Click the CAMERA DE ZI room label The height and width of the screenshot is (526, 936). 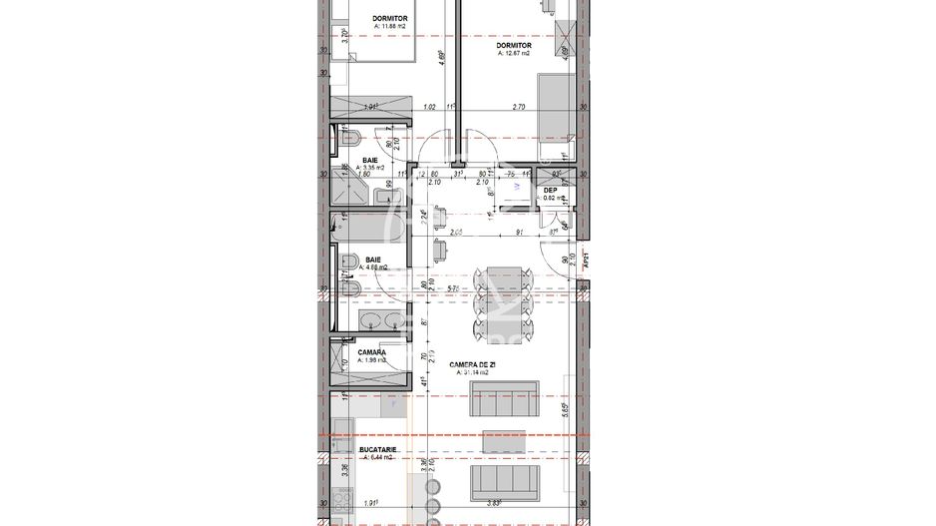pyautogui.click(x=474, y=365)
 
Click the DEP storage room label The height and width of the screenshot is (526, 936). pyautogui.click(x=550, y=190)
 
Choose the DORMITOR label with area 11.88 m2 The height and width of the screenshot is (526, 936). pyautogui.click(x=389, y=19)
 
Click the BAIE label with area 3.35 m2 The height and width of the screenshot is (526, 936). pyautogui.click(x=370, y=160)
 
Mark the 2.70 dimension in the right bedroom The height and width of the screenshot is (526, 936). pyautogui.click(x=518, y=106)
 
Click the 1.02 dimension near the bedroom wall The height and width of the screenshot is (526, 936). pyautogui.click(x=430, y=106)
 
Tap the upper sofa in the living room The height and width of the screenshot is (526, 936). pyautogui.click(x=504, y=402)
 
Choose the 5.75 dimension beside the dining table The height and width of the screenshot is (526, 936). pyautogui.click(x=454, y=289)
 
